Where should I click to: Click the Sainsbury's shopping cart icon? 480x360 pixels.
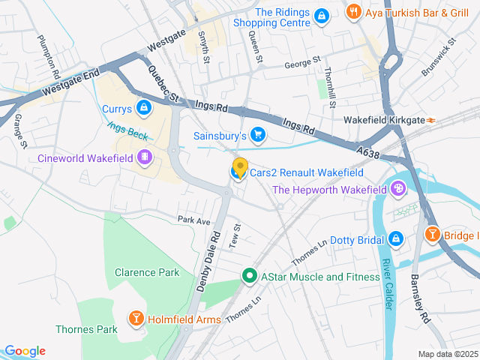click(258, 136)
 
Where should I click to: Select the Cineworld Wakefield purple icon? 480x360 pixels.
click(145, 158)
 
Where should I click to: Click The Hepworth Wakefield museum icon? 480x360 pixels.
click(397, 190)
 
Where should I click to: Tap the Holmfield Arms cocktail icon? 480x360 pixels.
click(136, 319)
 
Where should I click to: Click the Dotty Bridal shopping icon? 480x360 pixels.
click(395, 239)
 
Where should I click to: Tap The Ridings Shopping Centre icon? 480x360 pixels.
click(321, 16)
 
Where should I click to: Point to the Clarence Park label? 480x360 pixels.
click(147, 272)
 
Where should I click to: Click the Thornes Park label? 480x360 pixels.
click(86, 329)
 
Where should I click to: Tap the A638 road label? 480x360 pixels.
click(368, 152)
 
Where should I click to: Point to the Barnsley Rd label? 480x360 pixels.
click(420, 298)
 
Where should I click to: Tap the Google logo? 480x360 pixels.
click(24, 351)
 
